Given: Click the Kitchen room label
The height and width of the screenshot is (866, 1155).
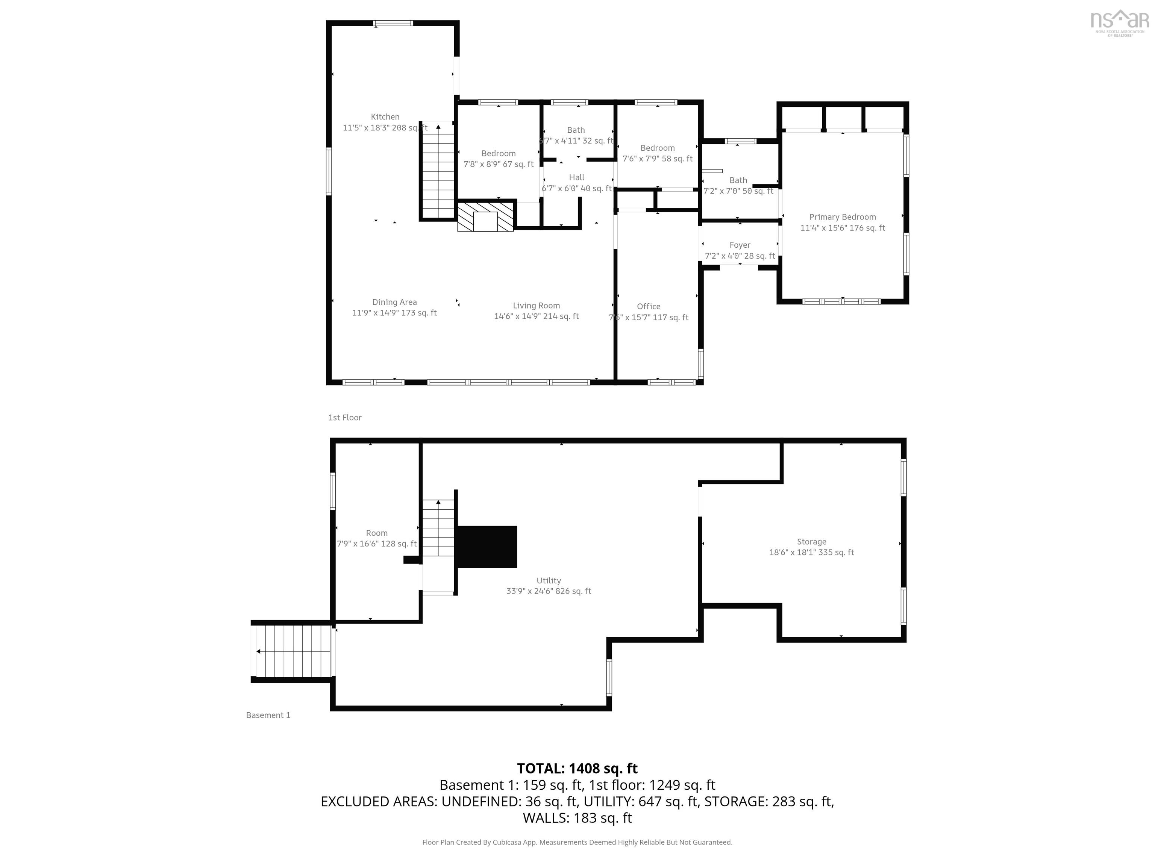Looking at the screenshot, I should click(385, 117).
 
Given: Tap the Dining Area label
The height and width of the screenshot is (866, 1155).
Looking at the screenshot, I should click(394, 302).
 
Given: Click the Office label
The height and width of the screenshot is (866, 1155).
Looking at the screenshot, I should click(649, 306).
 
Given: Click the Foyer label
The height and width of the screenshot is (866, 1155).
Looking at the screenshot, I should click(740, 245).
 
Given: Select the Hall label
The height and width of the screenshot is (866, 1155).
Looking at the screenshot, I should click(576, 177).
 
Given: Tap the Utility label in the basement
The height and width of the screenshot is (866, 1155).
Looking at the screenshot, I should click(548, 580).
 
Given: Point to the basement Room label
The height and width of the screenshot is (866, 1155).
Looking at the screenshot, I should click(376, 533).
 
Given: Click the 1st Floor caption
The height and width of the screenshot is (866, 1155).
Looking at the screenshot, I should click(345, 418).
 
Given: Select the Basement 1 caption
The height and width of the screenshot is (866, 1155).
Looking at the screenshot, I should click(268, 715).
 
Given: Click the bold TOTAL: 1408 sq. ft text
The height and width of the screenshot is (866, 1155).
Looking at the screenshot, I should click(577, 768).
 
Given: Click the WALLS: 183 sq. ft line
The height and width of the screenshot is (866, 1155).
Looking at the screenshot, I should click(577, 818).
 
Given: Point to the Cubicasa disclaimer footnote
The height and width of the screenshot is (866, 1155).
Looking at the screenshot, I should click(577, 842).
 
